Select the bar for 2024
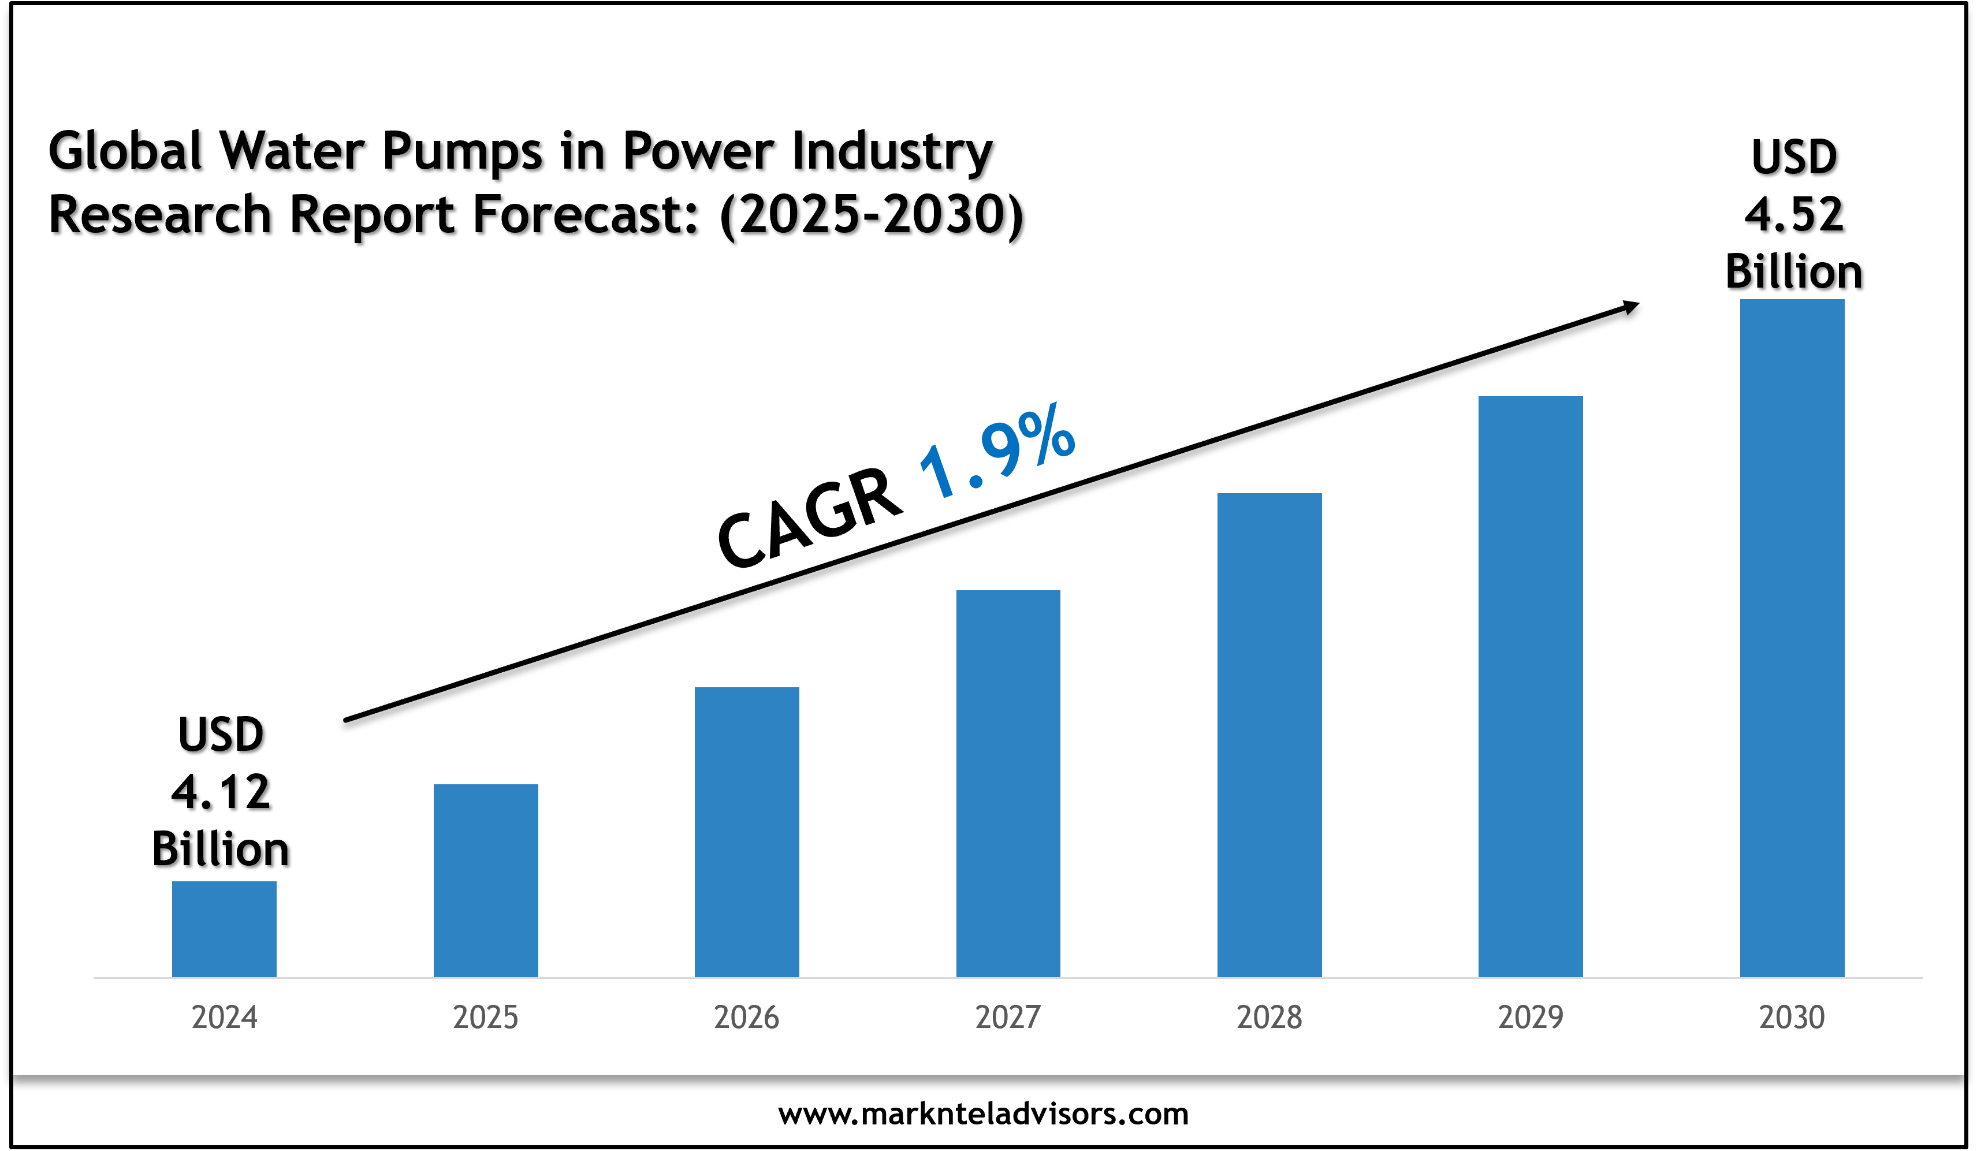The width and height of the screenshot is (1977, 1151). click(x=224, y=929)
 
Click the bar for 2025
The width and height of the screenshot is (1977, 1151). click(x=486, y=880)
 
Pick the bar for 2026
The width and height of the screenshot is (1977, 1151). click(x=747, y=832)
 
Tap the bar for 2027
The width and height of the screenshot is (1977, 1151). click(x=1008, y=783)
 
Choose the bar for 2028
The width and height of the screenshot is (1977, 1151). click(x=1269, y=735)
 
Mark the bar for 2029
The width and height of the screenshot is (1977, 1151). click(x=1531, y=687)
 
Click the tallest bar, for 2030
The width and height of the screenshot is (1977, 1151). click(x=1792, y=638)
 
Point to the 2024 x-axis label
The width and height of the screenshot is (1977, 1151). click(x=224, y=1018)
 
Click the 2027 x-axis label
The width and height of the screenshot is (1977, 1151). click(x=1008, y=1018)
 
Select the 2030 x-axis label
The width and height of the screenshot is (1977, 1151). click(x=1792, y=1018)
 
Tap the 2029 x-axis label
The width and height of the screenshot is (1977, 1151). click(x=1531, y=1018)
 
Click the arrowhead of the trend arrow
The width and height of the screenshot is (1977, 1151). click(x=1630, y=307)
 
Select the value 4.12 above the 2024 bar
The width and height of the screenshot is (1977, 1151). click(x=221, y=792)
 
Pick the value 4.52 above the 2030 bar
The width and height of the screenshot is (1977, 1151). click(x=1794, y=215)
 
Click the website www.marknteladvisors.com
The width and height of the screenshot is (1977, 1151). click(x=983, y=1114)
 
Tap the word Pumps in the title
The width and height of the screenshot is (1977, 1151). click(x=462, y=151)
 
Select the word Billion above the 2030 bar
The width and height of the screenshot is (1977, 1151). click(x=1794, y=272)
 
